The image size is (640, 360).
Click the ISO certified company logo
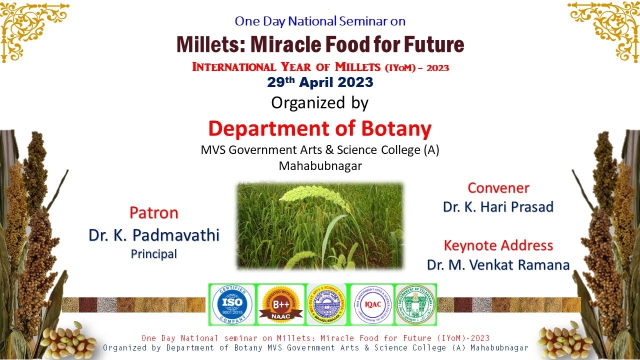click(x=231, y=304)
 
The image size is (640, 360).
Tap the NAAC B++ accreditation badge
click(x=280, y=304)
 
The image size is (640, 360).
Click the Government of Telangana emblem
click(x=415, y=304)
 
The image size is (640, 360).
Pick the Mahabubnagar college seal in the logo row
click(x=326, y=304)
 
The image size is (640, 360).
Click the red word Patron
click(x=154, y=213)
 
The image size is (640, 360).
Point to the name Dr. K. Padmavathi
click(x=154, y=234)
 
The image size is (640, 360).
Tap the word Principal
click(x=154, y=254)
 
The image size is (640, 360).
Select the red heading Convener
click(x=498, y=188)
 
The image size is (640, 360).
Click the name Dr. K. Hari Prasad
click(x=498, y=206)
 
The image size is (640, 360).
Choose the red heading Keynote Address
click(x=498, y=245)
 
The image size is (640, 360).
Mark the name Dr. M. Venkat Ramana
click(x=498, y=264)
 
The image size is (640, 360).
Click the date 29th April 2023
click(x=320, y=82)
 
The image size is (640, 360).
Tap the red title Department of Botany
click(x=320, y=128)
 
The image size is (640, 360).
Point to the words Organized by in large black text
click(x=320, y=103)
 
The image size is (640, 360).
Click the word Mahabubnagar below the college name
click(x=320, y=165)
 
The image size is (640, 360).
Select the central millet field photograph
click(x=320, y=225)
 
